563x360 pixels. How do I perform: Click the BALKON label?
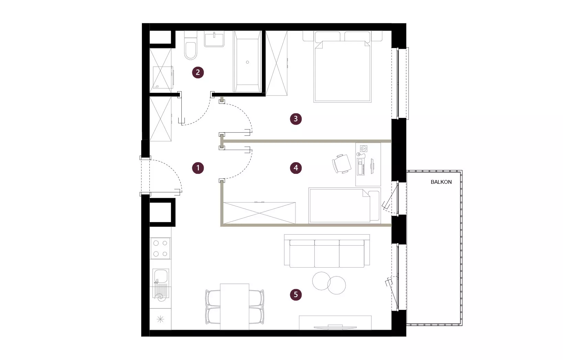coord(441,182)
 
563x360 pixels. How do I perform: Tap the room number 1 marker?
coord(198,168)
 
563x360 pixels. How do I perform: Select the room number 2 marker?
coord(198,72)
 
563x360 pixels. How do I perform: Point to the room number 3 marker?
coord(295,119)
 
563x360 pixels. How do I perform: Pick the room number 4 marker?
coord(295,168)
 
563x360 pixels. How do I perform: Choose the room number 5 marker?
coord(295,294)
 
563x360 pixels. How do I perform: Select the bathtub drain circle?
coord(248,62)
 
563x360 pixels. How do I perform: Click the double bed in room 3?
coord(342,67)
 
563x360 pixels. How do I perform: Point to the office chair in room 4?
coord(341,164)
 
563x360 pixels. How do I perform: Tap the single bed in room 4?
coord(345,205)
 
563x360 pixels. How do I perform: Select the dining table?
coord(235,307)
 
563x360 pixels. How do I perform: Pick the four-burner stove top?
coord(160,248)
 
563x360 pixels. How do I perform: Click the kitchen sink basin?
coord(161,276)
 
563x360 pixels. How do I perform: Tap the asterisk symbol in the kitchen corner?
coord(160,319)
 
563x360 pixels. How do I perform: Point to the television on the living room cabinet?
coord(335,327)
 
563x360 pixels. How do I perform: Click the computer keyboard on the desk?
coord(361,167)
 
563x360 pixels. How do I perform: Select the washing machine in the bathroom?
coord(162,77)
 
